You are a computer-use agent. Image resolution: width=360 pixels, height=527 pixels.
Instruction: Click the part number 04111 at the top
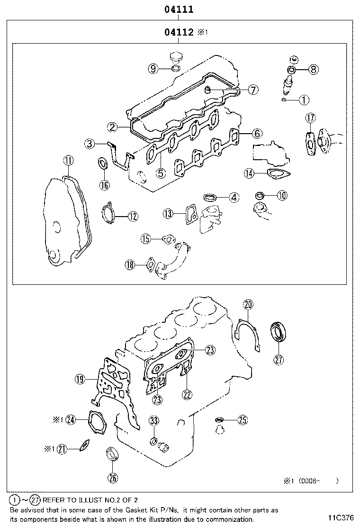pos(178,9)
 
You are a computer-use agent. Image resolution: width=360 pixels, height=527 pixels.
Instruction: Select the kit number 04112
pos(179,32)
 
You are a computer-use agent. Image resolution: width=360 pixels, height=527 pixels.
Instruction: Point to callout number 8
pos(313,69)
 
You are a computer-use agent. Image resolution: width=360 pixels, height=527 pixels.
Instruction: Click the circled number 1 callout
pos(304,100)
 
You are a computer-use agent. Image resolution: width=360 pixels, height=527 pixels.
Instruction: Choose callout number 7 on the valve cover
pos(253,89)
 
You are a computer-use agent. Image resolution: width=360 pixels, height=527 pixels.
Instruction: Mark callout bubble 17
pos(310,118)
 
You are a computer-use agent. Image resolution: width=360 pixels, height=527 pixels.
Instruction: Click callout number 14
pos(250,173)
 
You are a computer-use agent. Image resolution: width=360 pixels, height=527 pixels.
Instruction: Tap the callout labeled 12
pos(133,217)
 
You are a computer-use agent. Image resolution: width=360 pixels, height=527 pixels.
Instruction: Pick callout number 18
pos(130,264)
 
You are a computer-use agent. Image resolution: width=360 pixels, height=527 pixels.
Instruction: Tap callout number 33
pos(153,420)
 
